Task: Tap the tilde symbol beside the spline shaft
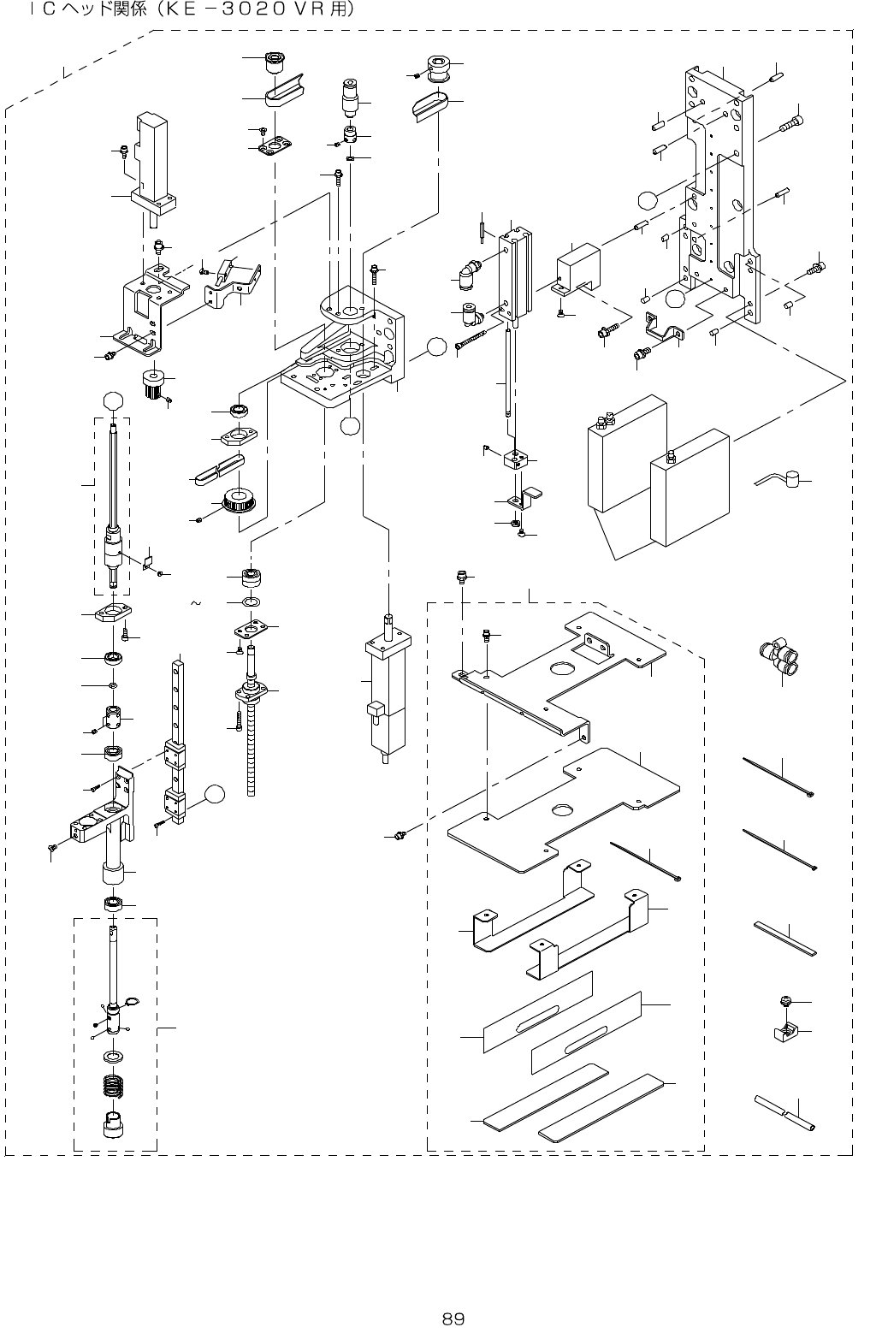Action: click(x=196, y=603)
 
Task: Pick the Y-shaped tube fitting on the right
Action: click(x=779, y=654)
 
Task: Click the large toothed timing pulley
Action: click(x=239, y=501)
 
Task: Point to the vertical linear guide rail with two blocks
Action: click(x=175, y=742)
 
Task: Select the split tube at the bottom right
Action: click(x=784, y=1112)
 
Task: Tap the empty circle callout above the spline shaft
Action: click(x=115, y=401)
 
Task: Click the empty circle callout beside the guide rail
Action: click(x=214, y=795)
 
